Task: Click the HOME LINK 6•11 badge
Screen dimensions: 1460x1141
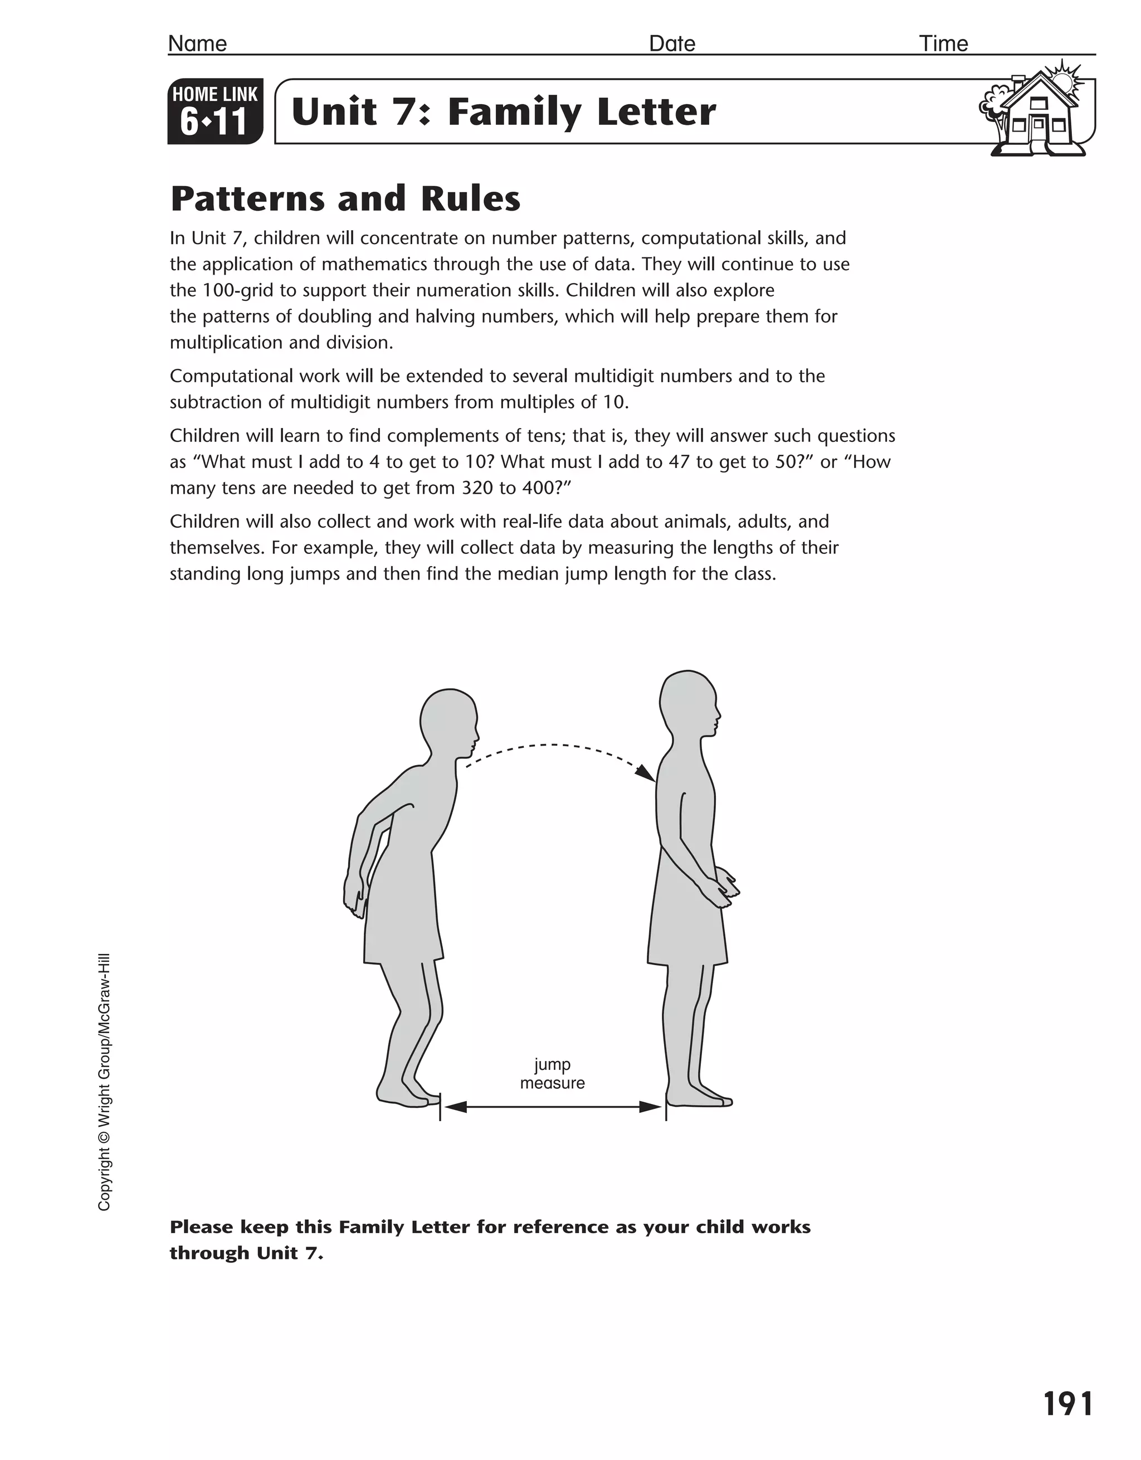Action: (x=214, y=111)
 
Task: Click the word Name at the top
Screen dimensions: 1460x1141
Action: (x=197, y=43)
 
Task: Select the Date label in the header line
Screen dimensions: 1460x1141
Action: (x=672, y=43)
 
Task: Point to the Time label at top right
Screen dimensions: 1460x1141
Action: (x=943, y=43)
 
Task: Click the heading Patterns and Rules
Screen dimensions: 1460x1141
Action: (x=345, y=198)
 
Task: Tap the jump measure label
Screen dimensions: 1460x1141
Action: (x=552, y=1074)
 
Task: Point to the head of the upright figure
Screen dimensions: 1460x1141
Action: (x=689, y=703)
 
